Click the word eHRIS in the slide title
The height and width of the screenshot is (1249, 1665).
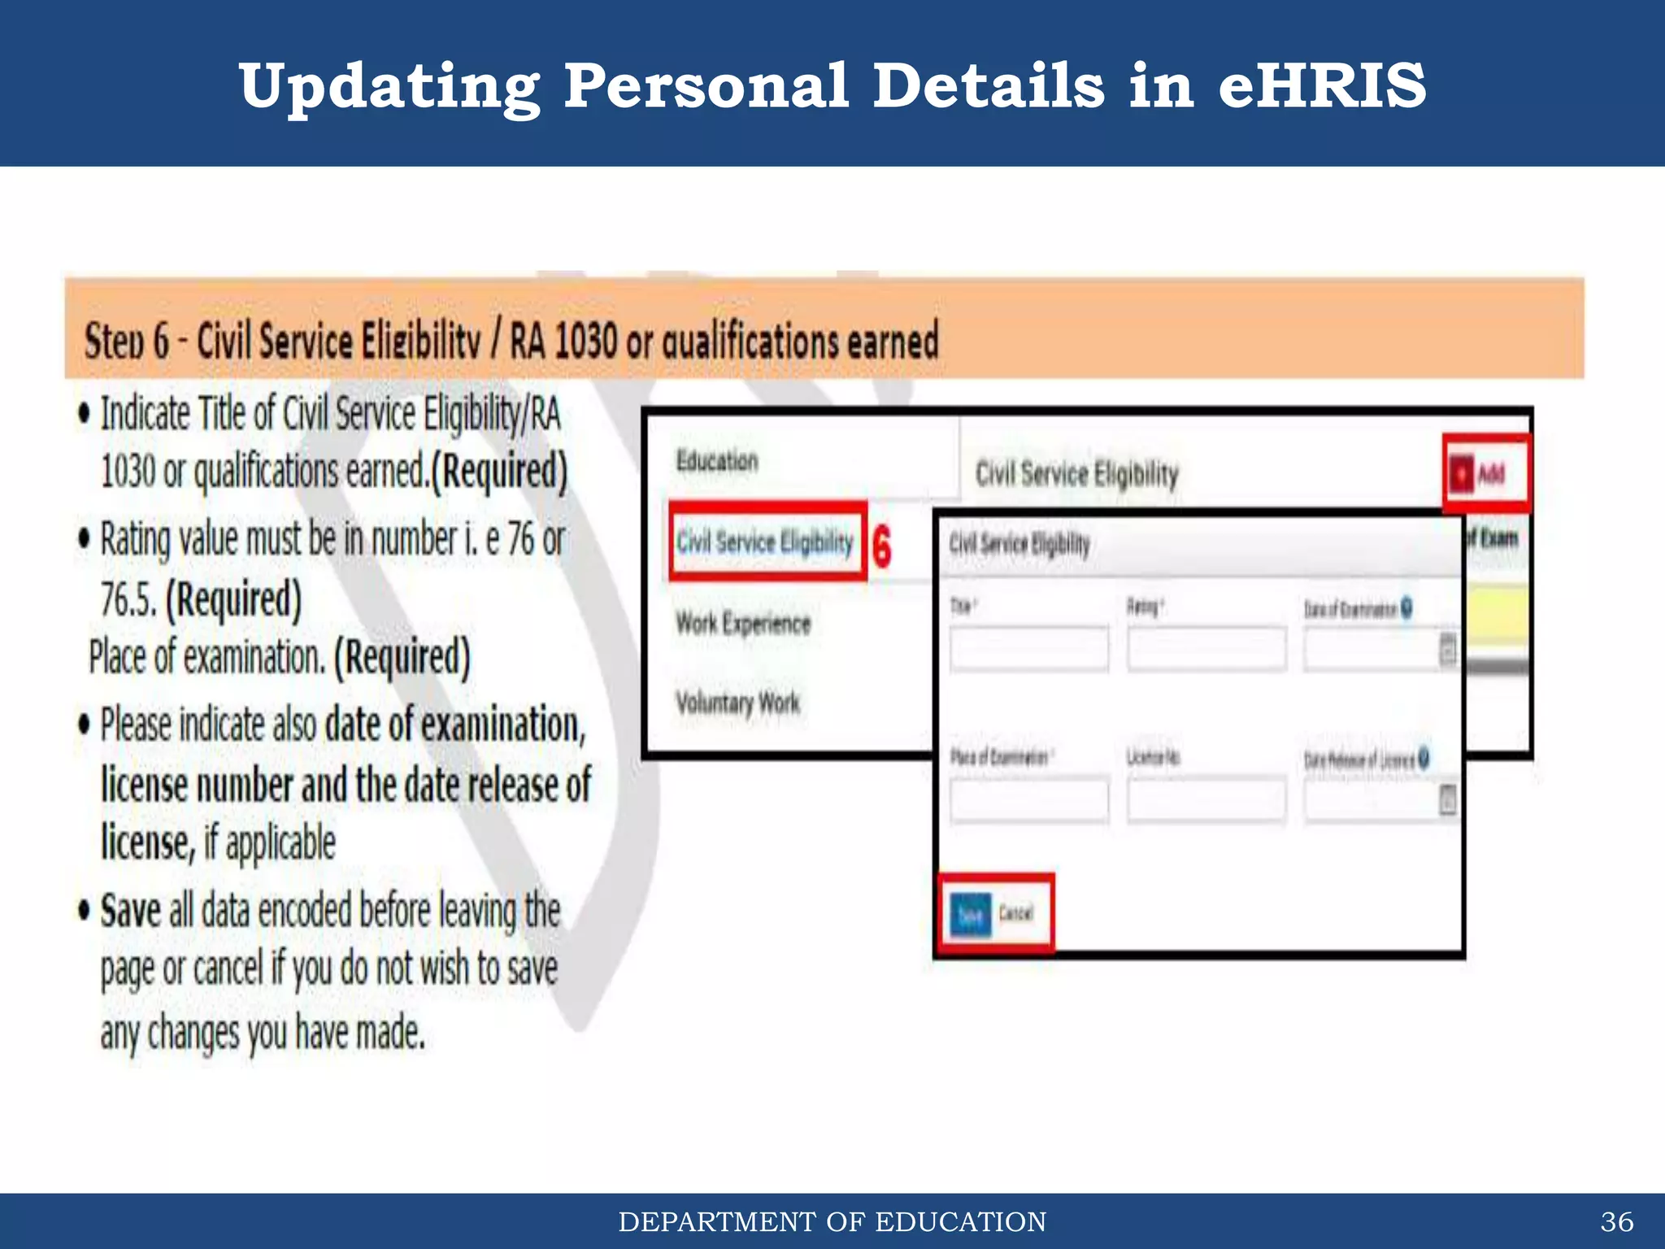1322,85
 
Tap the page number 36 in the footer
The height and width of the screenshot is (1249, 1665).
1616,1221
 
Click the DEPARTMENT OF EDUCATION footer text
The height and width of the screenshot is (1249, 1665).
832,1221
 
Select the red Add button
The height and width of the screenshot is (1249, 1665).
1485,473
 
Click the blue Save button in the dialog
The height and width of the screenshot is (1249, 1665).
971,914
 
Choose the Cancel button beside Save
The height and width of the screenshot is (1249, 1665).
1015,913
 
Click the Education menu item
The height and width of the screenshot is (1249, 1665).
717,461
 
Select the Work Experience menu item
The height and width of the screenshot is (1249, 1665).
743,624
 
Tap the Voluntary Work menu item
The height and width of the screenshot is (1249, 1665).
737,702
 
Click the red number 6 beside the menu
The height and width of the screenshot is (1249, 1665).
881,546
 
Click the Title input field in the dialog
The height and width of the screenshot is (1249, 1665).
1028,648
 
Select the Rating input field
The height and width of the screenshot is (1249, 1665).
1206,648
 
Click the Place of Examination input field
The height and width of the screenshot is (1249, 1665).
1028,799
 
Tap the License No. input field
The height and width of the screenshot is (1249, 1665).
1206,799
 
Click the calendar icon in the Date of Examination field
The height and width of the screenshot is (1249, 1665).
1447,650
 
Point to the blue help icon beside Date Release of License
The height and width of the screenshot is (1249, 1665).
1424,758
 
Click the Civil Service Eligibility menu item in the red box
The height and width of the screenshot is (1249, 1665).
765,542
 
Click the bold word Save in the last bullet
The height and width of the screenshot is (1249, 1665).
130,911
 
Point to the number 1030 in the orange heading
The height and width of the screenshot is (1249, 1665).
586,341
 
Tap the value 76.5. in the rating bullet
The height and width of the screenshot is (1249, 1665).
128,599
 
